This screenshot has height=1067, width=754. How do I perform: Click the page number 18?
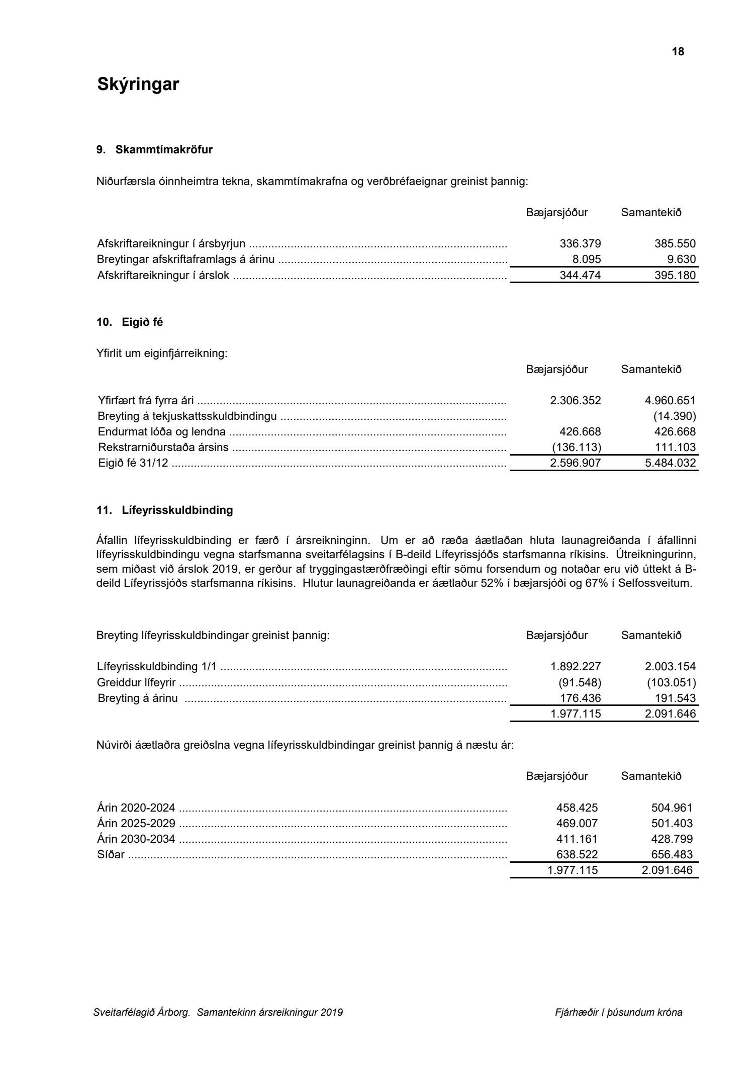point(678,52)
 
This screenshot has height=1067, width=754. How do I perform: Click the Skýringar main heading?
point(138,84)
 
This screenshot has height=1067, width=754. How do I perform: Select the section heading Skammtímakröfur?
point(164,150)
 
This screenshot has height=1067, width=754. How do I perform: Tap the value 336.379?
point(580,244)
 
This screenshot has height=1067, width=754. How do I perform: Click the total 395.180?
point(675,276)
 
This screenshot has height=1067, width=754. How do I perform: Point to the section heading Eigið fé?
point(142,322)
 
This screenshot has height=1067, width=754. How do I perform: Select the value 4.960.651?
point(670,401)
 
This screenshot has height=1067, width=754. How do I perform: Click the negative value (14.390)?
point(675,416)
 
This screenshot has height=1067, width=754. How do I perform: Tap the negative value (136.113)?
point(576,448)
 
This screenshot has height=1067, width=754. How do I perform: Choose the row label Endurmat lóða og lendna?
point(162,432)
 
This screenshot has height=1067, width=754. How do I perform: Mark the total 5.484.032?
point(670,463)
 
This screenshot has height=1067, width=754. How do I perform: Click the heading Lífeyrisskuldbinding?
point(177,510)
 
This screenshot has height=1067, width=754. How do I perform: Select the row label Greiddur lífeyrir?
point(136,683)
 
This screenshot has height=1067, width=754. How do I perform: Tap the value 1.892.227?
point(576,667)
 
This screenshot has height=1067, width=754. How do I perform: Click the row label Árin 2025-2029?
point(136,824)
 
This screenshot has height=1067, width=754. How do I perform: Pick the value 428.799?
point(672,839)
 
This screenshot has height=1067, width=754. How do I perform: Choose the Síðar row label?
point(111,855)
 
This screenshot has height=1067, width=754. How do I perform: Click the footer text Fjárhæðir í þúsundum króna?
point(618,1013)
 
